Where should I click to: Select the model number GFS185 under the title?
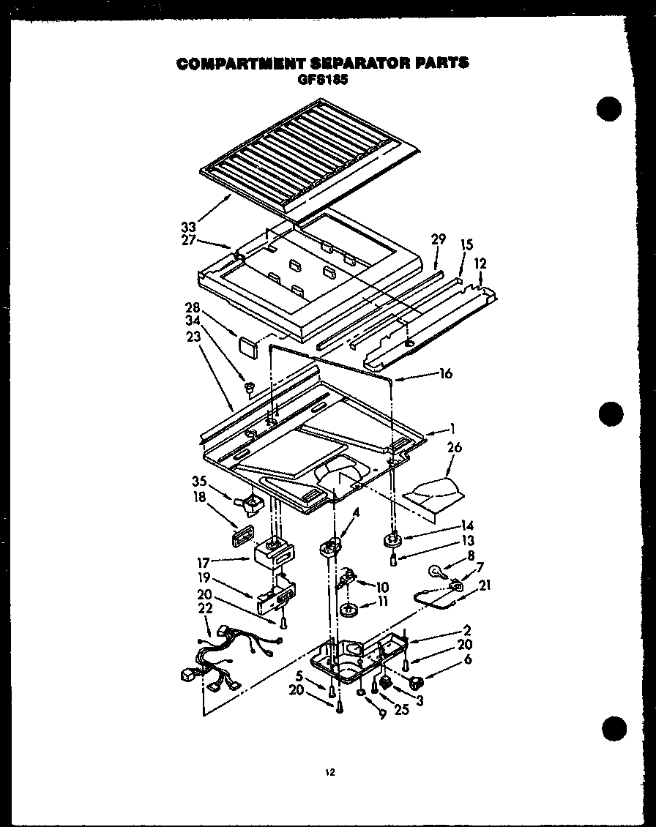[322, 80]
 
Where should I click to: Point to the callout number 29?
[438, 239]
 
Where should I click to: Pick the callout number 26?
[454, 447]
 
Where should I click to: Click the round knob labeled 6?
[417, 684]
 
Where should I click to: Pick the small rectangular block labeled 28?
[247, 343]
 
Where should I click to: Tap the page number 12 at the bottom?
[329, 771]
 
